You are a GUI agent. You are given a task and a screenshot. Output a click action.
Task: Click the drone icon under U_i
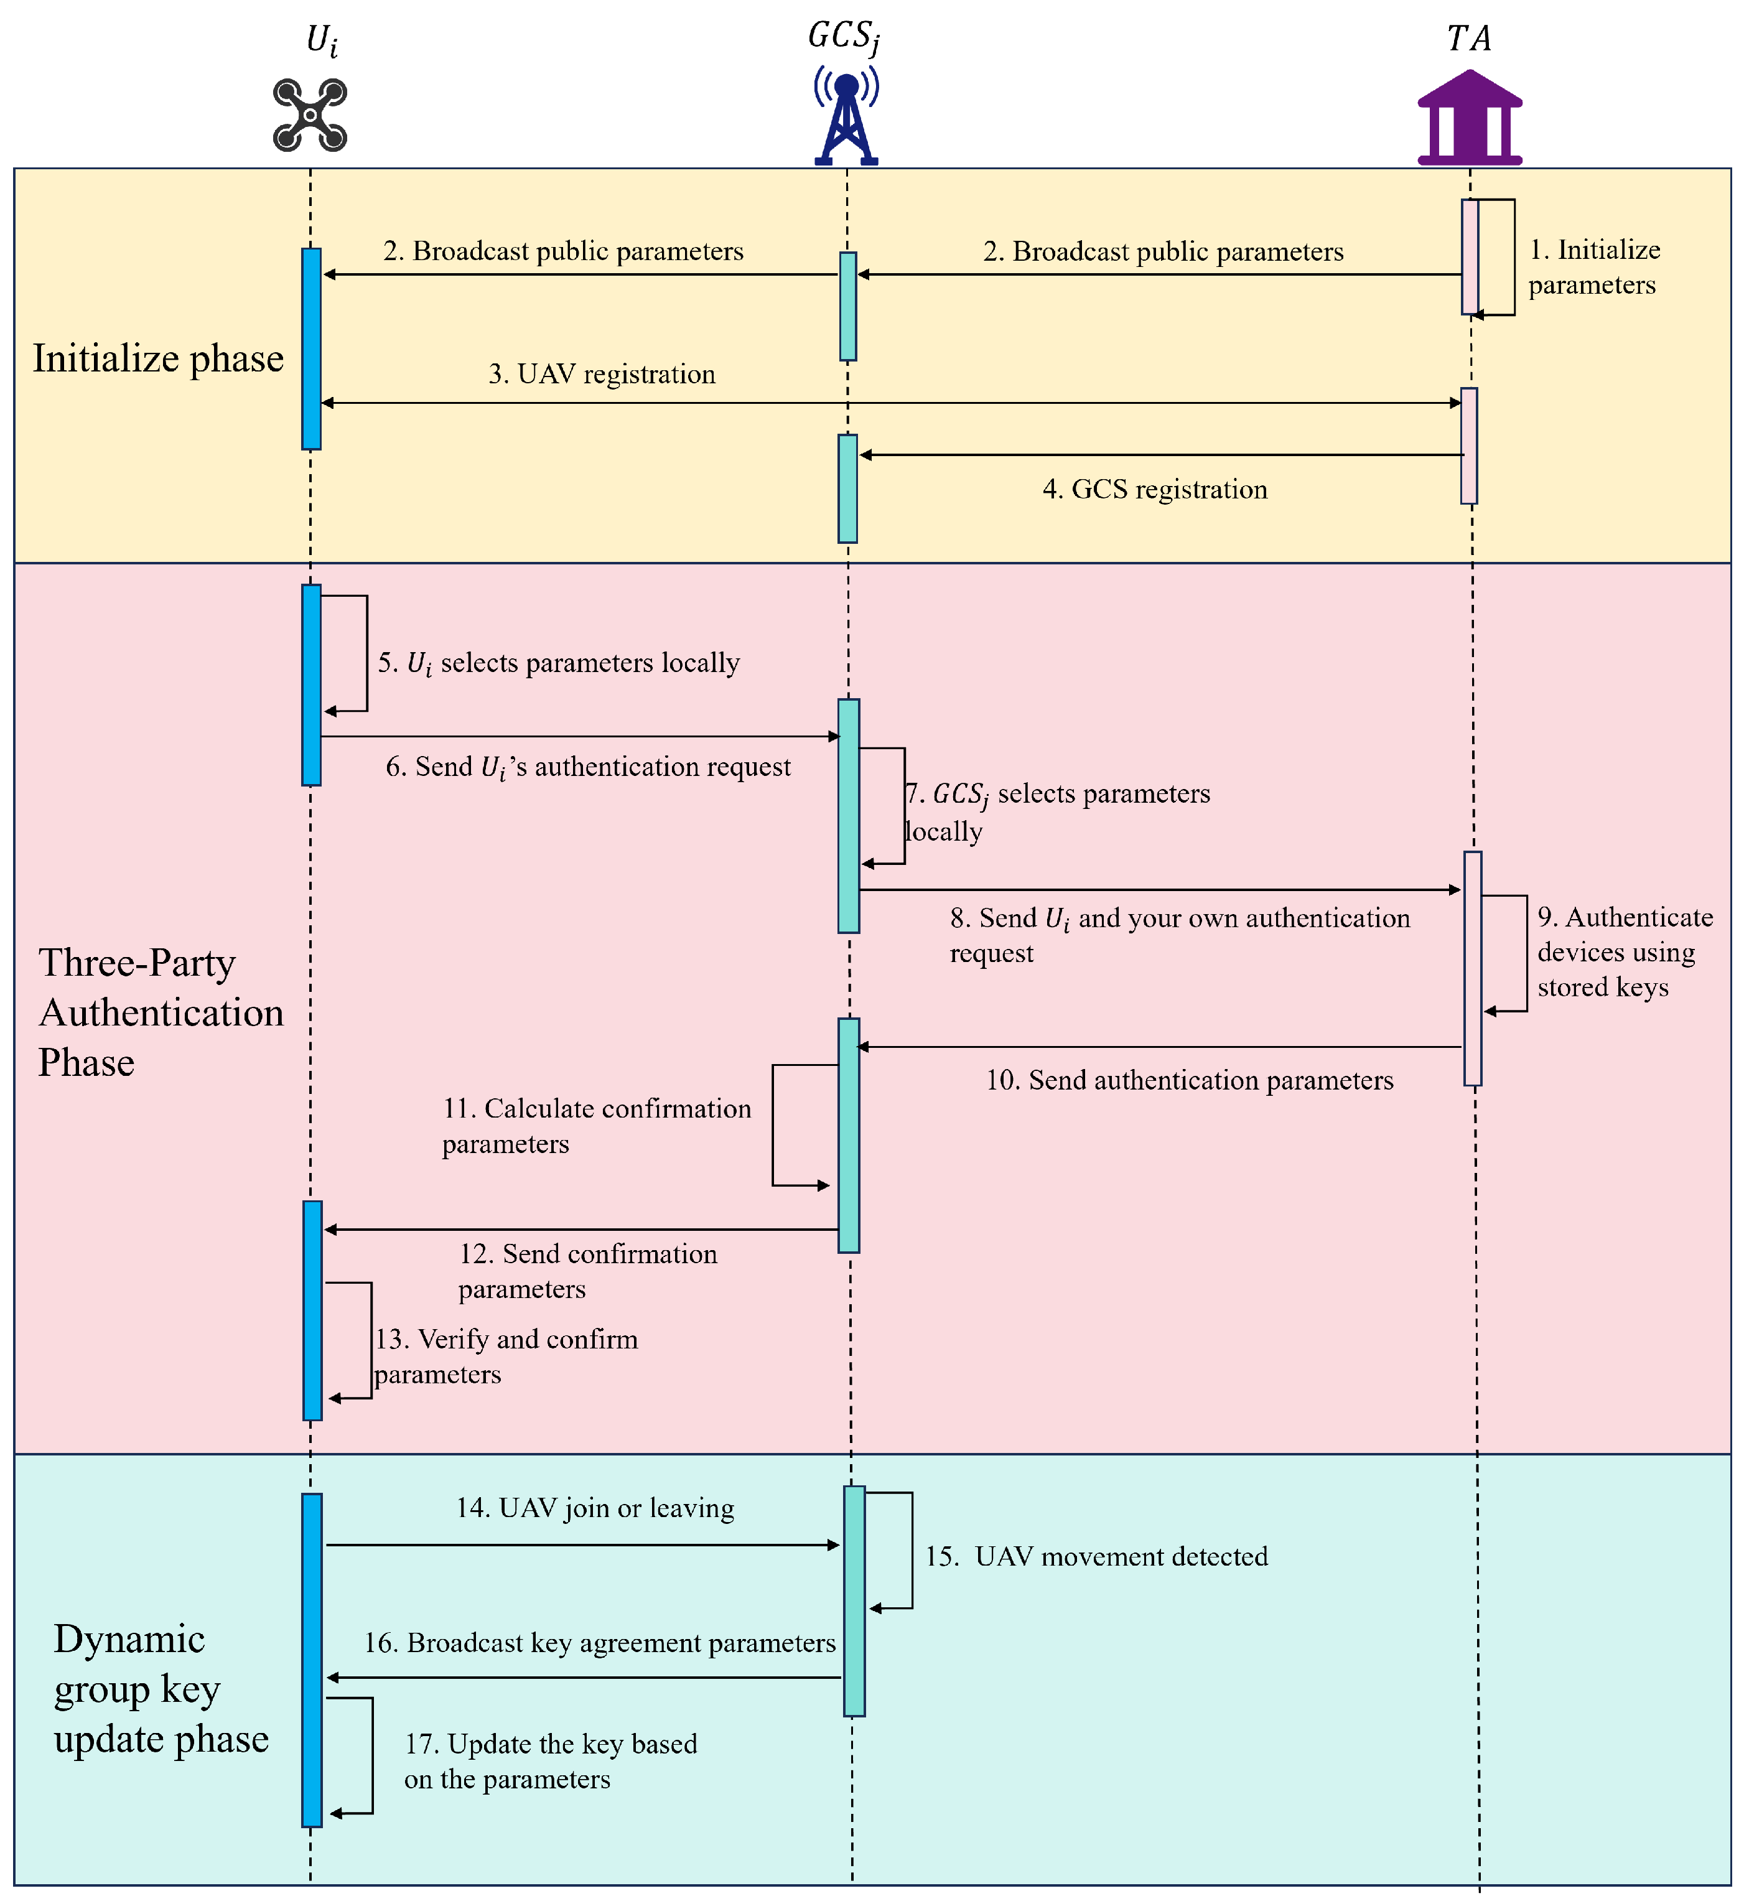pyautogui.click(x=310, y=115)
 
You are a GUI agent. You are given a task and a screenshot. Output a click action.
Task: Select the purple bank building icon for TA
pyautogui.click(x=1470, y=117)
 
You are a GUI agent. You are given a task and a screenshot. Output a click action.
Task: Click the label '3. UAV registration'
pyautogui.click(x=602, y=375)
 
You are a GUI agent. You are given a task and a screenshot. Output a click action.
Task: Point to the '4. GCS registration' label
pyautogui.click(x=1155, y=490)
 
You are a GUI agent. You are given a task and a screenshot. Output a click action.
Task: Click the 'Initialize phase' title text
pyautogui.click(x=159, y=358)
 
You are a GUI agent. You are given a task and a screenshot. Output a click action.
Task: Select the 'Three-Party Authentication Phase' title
pyautogui.click(x=161, y=1013)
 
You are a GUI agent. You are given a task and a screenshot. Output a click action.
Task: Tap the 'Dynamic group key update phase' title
pyautogui.click(x=161, y=1689)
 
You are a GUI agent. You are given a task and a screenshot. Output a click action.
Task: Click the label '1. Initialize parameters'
pyautogui.click(x=1594, y=267)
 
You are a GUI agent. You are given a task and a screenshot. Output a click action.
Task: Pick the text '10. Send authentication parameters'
pyautogui.click(x=1190, y=1081)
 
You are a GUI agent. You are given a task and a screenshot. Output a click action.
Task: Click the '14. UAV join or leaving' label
pyautogui.click(x=595, y=1508)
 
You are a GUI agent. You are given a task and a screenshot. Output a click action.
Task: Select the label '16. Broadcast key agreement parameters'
pyautogui.click(x=600, y=1643)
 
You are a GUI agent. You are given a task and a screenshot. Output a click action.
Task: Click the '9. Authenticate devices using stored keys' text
pyautogui.click(x=1625, y=953)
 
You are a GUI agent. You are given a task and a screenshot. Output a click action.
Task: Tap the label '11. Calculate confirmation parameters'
pyautogui.click(x=597, y=1126)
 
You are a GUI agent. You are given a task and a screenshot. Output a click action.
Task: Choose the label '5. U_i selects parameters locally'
pyautogui.click(x=559, y=663)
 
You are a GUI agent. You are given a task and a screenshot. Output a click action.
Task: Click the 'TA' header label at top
pyautogui.click(x=1470, y=39)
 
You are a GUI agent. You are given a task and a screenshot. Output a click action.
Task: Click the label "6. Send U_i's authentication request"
pyautogui.click(x=588, y=767)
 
